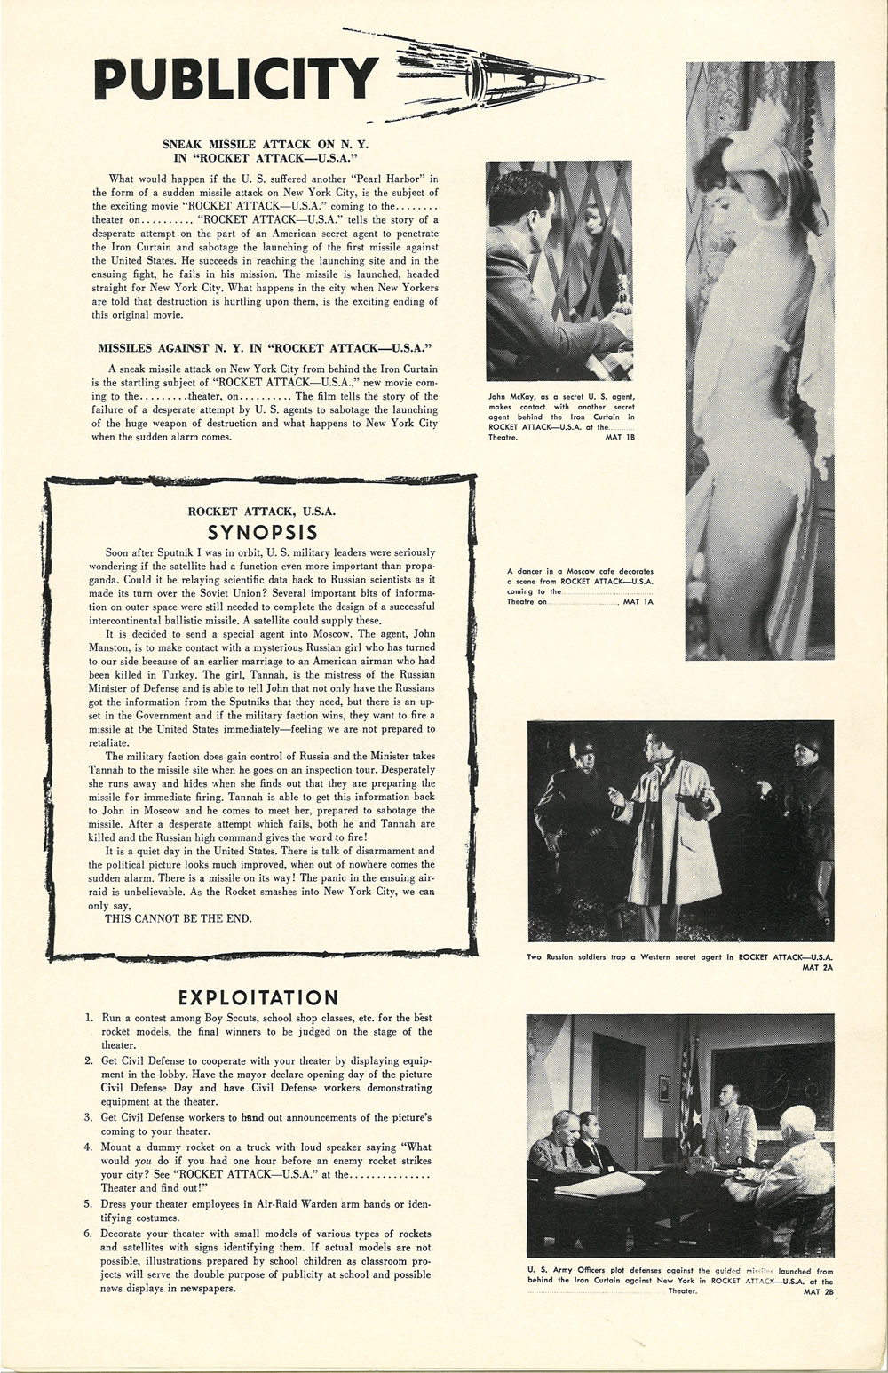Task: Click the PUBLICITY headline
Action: tap(235, 79)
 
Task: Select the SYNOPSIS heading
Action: tap(262, 532)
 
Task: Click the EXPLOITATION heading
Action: tap(258, 997)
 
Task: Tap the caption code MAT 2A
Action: tap(818, 967)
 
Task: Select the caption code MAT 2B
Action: tap(818, 1291)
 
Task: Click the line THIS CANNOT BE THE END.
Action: tap(178, 918)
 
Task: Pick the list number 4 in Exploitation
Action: tap(89, 1147)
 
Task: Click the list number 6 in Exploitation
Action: tap(89, 1234)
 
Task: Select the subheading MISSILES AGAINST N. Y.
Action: tap(265, 348)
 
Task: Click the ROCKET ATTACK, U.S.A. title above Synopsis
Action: tap(262, 512)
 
